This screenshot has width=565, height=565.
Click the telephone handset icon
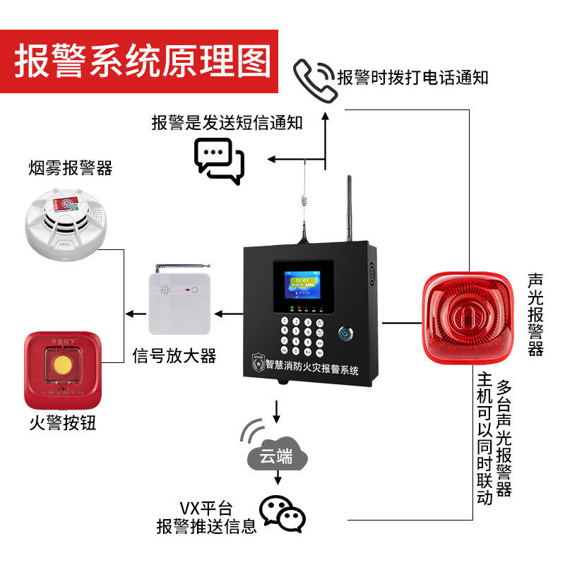point(313,76)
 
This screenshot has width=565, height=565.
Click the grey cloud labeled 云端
point(277,456)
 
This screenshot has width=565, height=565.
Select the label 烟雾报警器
point(71,168)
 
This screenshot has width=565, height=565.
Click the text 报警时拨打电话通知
point(412,78)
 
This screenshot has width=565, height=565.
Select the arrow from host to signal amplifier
point(226,312)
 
